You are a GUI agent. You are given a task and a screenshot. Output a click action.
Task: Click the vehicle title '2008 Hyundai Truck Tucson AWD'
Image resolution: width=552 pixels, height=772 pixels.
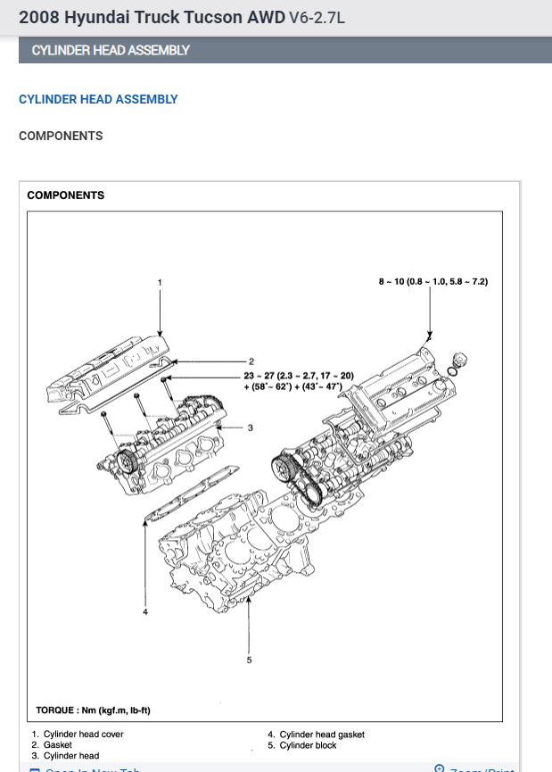coord(152,17)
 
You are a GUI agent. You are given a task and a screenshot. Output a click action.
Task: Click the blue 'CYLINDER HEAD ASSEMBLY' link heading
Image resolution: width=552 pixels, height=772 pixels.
coord(98,100)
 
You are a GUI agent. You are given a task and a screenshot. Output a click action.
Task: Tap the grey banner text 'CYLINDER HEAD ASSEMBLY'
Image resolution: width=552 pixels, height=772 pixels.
coord(111,50)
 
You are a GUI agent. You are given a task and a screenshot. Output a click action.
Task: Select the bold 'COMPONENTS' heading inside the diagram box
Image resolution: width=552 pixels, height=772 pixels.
coord(66,195)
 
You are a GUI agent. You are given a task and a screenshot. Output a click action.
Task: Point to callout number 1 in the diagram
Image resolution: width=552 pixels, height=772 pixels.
coord(160,283)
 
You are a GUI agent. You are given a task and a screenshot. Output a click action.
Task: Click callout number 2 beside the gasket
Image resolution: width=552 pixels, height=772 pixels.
coord(252,361)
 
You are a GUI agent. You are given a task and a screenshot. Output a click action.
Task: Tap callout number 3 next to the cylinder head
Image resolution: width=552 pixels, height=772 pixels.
coord(251,428)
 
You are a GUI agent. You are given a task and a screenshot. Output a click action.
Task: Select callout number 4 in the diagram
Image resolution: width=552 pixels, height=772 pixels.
coord(145,612)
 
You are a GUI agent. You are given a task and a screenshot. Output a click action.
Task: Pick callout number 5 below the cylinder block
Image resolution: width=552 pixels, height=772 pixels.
coord(249,660)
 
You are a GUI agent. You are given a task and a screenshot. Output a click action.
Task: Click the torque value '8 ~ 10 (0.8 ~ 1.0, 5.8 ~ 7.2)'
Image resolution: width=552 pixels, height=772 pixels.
coord(433,282)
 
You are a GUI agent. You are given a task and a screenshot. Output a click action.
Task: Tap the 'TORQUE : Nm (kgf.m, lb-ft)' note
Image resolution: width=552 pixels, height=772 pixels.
coord(94,710)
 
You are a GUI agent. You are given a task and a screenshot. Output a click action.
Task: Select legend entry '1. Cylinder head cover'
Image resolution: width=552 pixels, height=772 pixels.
coord(78,735)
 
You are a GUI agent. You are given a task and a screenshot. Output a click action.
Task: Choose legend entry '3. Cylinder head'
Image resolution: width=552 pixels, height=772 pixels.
coord(65,756)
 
